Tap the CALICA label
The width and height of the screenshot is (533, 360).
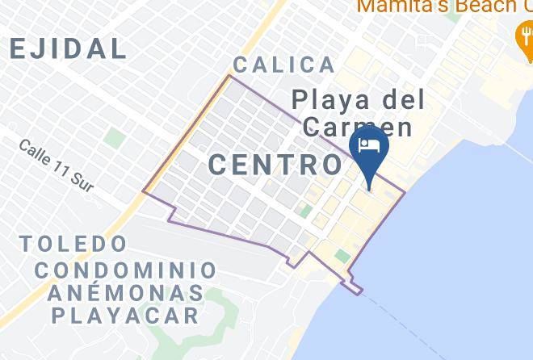[283, 65]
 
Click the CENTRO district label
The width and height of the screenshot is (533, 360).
[275, 165]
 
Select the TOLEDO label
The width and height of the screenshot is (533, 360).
[73, 243]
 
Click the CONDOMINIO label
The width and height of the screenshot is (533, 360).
[125, 270]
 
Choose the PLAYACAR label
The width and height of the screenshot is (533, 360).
[125, 315]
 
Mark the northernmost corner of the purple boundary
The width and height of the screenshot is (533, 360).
[229, 76]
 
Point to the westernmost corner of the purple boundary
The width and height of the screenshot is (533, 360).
[144, 191]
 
